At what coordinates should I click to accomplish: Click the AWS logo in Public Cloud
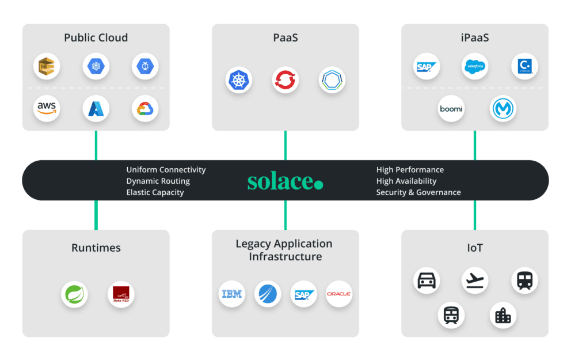point(47,108)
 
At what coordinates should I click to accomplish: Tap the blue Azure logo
point(96,108)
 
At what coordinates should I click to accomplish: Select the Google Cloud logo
point(144,108)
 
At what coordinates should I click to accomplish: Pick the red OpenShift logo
point(285,80)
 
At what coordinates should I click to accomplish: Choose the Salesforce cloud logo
point(475,67)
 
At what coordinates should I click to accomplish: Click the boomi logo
point(451,109)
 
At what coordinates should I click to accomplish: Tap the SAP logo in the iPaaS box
point(427,67)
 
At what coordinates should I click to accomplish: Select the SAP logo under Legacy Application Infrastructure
point(303,294)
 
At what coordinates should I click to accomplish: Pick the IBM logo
point(232,294)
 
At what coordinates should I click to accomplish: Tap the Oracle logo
point(339,294)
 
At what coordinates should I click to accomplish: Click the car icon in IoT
point(427,281)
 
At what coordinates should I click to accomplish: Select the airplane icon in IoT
point(475,281)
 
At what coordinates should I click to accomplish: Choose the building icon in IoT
point(503,315)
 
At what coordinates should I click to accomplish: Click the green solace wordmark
point(285,181)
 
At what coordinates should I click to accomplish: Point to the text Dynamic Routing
point(158,181)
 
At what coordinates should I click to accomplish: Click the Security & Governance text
point(418,192)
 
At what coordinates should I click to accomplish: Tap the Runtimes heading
point(96,248)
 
